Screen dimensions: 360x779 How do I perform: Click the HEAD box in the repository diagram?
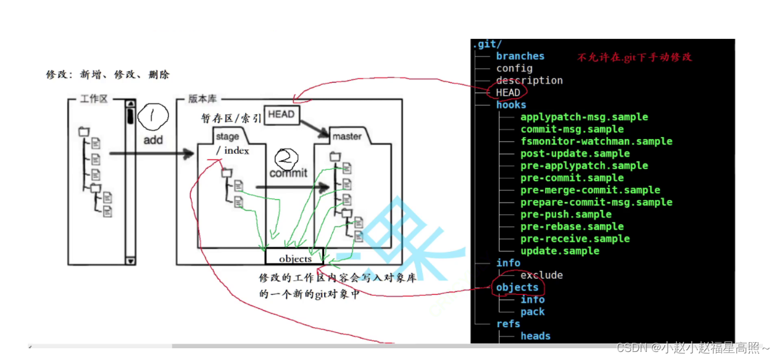coord(281,114)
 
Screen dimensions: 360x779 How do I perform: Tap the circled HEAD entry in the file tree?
coord(508,93)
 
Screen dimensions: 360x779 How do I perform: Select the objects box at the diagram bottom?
coord(295,259)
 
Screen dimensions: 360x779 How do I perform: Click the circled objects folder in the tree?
coord(517,287)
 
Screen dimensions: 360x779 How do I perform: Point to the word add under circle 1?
coord(153,140)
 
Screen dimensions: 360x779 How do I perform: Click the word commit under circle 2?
coord(288,173)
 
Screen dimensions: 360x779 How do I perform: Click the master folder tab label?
coord(347,136)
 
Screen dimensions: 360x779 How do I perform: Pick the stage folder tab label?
coord(227,136)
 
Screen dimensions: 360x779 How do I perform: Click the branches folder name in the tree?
coord(520,56)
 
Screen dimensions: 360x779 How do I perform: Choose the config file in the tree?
coord(514,69)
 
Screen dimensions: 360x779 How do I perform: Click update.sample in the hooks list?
coord(559,251)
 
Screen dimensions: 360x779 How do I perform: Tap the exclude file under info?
coord(541,275)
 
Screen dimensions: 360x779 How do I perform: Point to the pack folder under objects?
coord(532,312)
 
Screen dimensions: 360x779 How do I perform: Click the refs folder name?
coord(508,324)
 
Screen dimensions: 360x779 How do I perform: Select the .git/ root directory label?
coord(487,44)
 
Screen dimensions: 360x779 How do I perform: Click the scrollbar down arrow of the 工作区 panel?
coord(130,261)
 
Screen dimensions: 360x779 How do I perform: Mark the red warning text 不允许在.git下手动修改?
coord(635,57)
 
